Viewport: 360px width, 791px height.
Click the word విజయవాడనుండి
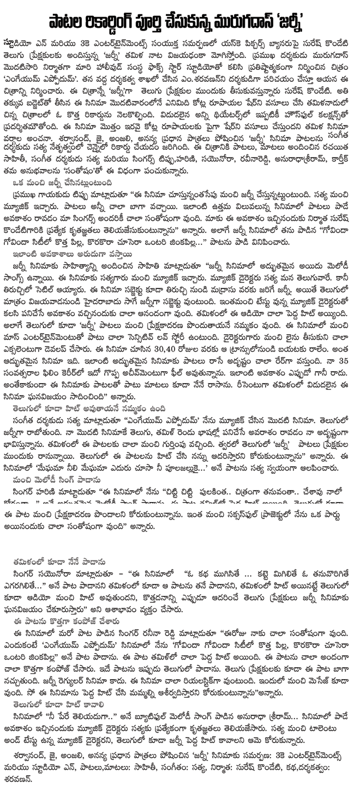(x=70, y=298)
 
